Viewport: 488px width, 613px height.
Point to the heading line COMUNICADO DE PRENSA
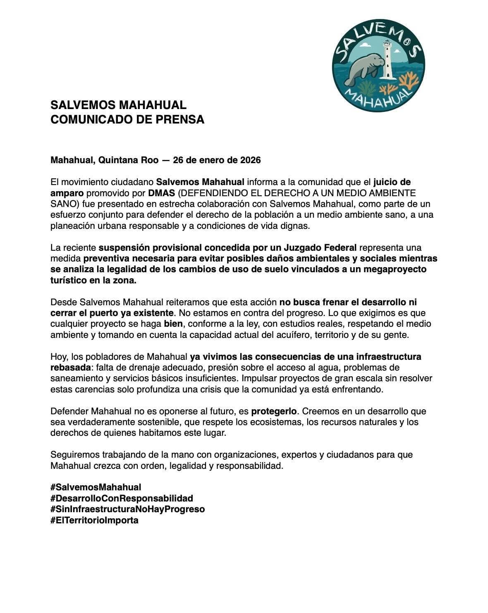[127, 119]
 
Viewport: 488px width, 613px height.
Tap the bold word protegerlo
[274, 411]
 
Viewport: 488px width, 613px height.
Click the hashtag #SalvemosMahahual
[96, 487]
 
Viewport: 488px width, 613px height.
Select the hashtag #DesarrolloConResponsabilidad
[122, 498]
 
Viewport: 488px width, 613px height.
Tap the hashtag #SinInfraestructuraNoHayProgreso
[127, 509]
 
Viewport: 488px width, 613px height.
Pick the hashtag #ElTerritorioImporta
[94, 520]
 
